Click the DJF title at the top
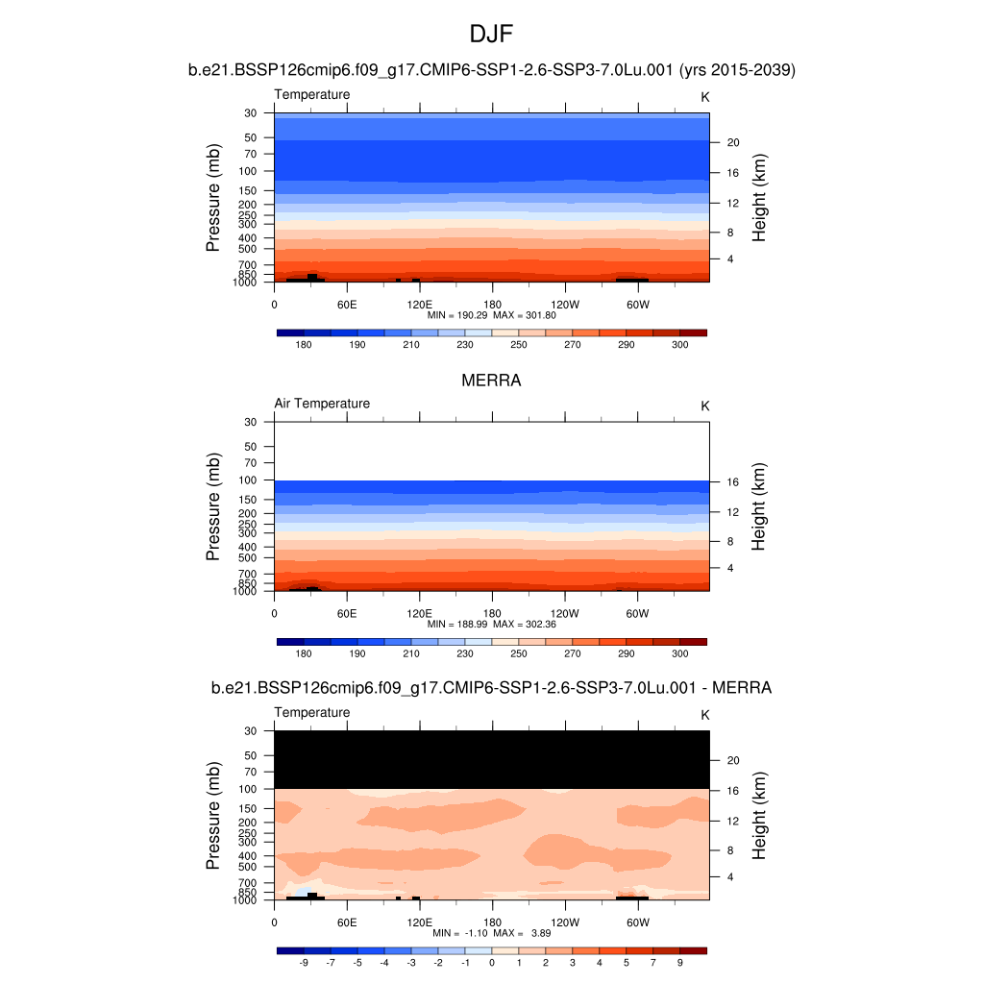click(491, 36)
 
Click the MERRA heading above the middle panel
click(491, 381)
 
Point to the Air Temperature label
click(322, 404)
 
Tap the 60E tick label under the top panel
click(347, 305)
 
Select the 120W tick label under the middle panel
click(565, 614)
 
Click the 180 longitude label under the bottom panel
click(492, 922)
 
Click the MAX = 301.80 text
click(526, 315)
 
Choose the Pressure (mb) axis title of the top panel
click(213, 198)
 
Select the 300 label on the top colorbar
click(679, 344)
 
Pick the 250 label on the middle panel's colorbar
click(519, 653)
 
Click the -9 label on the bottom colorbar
click(304, 962)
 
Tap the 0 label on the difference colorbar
click(492, 962)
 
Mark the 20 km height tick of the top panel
click(731, 142)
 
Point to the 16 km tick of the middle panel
click(731, 482)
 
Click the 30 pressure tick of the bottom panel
click(251, 730)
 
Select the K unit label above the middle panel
click(705, 406)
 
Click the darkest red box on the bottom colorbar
click(693, 950)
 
